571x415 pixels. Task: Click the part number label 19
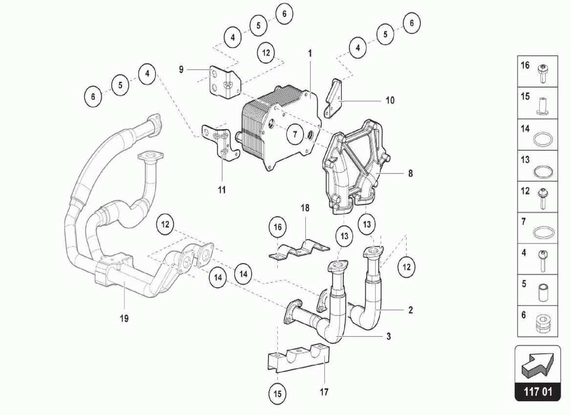click(124, 318)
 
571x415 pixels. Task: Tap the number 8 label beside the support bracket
click(410, 174)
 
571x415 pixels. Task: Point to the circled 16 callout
click(278, 227)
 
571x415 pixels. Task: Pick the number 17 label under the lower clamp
click(324, 392)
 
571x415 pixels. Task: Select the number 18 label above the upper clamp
click(305, 208)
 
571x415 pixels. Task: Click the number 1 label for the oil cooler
click(310, 53)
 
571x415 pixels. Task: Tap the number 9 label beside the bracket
click(181, 69)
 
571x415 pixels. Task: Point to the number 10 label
click(390, 100)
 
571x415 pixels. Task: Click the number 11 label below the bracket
click(222, 190)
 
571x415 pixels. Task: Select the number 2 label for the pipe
click(410, 310)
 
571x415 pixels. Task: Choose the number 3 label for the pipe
click(388, 336)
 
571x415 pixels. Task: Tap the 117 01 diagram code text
click(538, 392)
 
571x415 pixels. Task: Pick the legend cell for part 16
click(537, 71)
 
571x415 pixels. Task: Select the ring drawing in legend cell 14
click(543, 140)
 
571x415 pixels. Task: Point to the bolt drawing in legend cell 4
click(543, 260)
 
